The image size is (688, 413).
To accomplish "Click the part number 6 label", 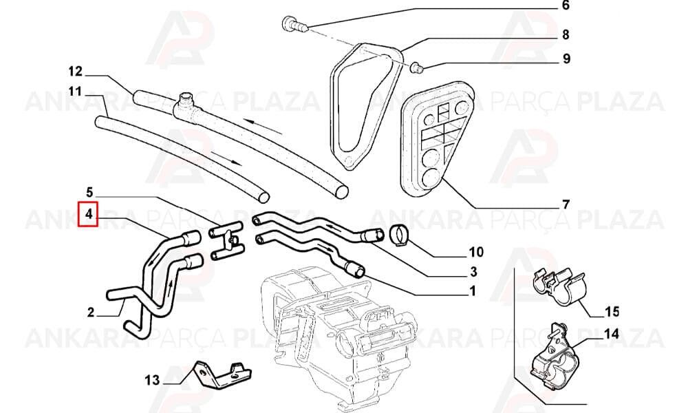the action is pyautogui.click(x=565, y=6).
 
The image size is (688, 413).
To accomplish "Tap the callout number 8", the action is pyautogui.click(x=565, y=34).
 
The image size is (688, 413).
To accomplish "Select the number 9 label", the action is pyautogui.click(x=566, y=59).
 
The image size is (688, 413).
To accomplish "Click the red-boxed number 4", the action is pyautogui.click(x=89, y=214).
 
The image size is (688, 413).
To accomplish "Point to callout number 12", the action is pyautogui.click(x=75, y=71).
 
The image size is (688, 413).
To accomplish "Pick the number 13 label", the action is pyautogui.click(x=152, y=380).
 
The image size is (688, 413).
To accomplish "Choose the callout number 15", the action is pyautogui.click(x=612, y=312).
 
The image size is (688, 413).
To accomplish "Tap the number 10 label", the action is pyautogui.click(x=476, y=252).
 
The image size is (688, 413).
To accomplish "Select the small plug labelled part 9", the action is pyautogui.click(x=416, y=67).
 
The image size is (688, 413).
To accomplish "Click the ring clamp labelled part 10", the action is pyautogui.click(x=400, y=235).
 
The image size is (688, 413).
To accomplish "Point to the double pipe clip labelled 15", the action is pyautogui.click(x=558, y=286).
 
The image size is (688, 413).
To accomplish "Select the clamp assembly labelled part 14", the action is pyautogui.click(x=551, y=357).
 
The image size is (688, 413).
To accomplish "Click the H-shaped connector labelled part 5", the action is pyautogui.click(x=227, y=242).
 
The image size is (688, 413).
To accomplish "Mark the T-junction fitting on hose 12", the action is pyautogui.click(x=186, y=106).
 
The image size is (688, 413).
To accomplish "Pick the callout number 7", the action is pyautogui.click(x=566, y=204).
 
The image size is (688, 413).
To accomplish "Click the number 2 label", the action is pyautogui.click(x=91, y=313).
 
